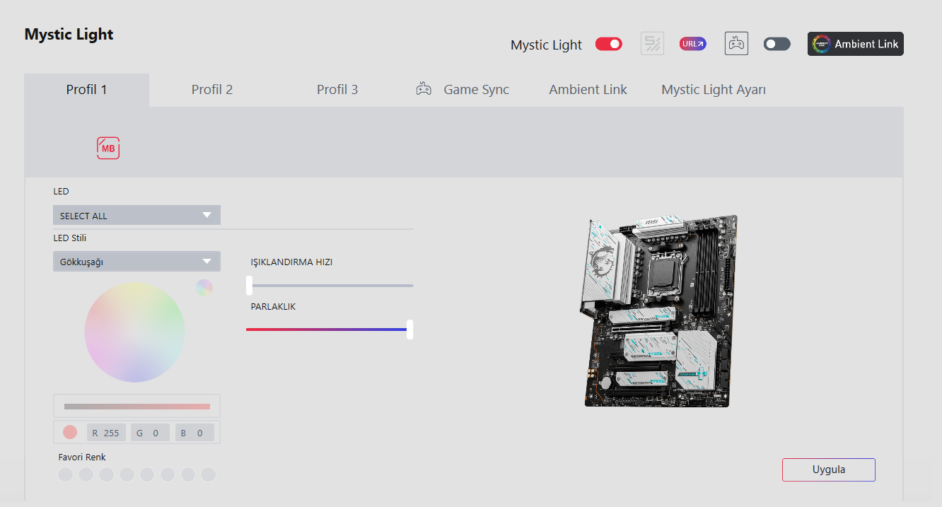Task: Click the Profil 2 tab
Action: pos(212,90)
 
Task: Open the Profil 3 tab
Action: pos(337,90)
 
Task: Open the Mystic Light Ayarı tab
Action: pos(714,90)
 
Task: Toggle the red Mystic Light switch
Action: pos(608,44)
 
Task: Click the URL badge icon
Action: pos(692,44)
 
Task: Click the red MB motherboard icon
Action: pos(108,148)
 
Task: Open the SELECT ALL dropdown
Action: pos(136,215)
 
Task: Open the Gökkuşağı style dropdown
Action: pos(136,262)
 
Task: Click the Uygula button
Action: pos(828,470)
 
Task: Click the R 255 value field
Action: pos(106,433)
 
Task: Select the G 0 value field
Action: pos(150,433)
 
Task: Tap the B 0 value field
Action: pos(194,433)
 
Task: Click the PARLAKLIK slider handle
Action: pos(409,330)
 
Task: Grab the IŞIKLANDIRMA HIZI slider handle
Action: pos(250,286)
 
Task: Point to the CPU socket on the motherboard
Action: pos(665,273)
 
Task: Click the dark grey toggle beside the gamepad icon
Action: pos(777,44)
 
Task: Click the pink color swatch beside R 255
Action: pos(70,432)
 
